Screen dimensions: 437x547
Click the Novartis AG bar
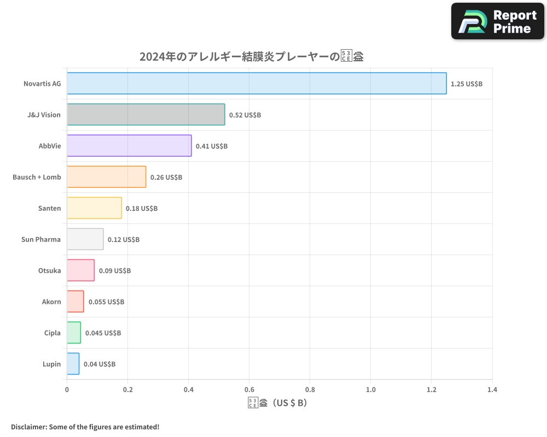pyautogui.click(x=257, y=84)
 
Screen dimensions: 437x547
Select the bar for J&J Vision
pyautogui.click(x=146, y=115)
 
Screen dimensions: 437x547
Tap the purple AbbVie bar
pyautogui.click(x=129, y=146)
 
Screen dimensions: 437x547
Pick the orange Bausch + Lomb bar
pyautogui.click(x=106, y=177)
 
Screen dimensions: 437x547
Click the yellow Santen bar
pyautogui.click(x=94, y=208)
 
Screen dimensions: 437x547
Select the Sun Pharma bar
pyautogui.click(x=85, y=239)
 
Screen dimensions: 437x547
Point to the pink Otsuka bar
pyautogui.click(x=80, y=270)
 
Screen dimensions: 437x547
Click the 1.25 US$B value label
pyautogui.click(x=467, y=84)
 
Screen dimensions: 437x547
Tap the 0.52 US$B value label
pyautogui.click(x=245, y=115)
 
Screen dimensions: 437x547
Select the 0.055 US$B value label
pyautogui.click(x=106, y=302)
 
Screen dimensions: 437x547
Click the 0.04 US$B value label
pyautogui.click(x=100, y=364)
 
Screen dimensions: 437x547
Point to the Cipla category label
pyautogui.click(x=53, y=333)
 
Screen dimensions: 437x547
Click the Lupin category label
pyautogui.click(x=51, y=364)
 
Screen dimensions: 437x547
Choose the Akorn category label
pyautogui.click(x=51, y=302)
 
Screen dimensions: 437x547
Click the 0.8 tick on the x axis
pyautogui.click(x=310, y=390)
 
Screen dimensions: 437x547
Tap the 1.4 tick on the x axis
pyautogui.click(x=492, y=390)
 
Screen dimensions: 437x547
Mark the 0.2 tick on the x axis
pyautogui.click(x=127, y=390)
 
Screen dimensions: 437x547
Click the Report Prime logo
pyautogui.click(x=498, y=21)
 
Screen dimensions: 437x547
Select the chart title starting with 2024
pyautogui.click(x=252, y=56)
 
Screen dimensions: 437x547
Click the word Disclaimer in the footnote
pyautogui.click(x=28, y=427)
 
